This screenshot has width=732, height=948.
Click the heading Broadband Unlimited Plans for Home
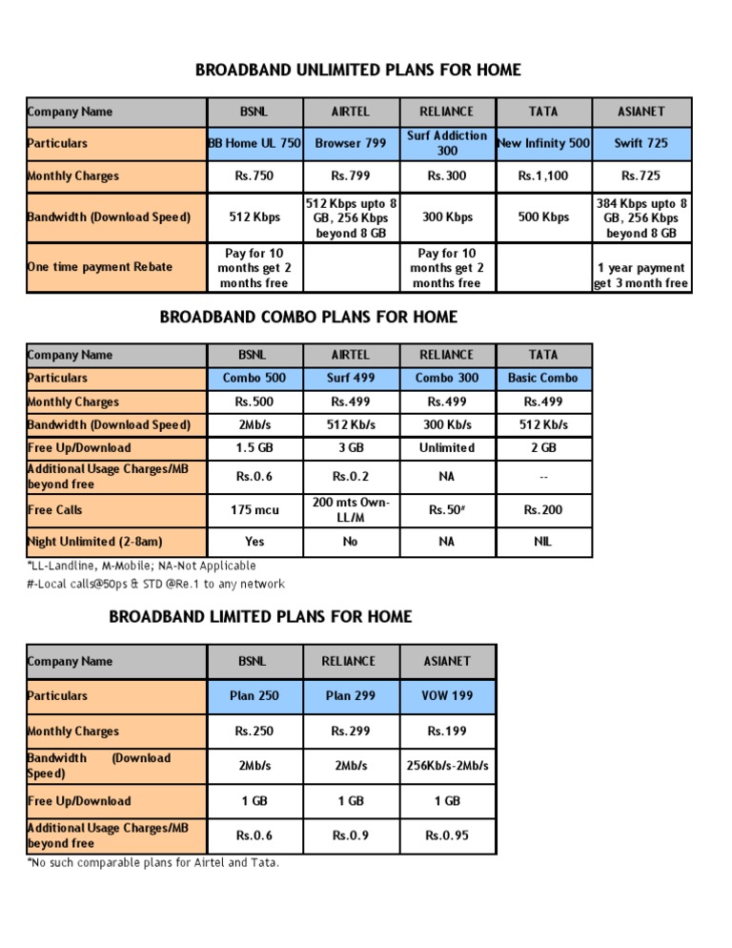pyautogui.click(x=358, y=71)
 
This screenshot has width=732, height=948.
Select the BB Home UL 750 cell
pyautogui.click(x=255, y=143)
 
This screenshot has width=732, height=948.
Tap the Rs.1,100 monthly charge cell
pyautogui.click(x=543, y=175)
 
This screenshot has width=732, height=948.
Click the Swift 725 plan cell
pyautogui.click(x=640, y=143)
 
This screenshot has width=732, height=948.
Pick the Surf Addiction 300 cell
pyautogui.click(x=447, y=143)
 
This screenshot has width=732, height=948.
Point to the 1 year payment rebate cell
pyautogui.click(x=640, y=276)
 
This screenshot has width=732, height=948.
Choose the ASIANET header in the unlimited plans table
pyautogui.click(x=640, y=112)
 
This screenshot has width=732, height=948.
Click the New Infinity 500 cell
pyautogui.click(x=543, y=143)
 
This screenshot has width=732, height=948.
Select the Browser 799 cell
pyautogui.click(x=351, y=143)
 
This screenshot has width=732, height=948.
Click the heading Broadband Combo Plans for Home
pyautogui.click(x=307, y=317)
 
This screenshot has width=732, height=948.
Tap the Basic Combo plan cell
pyautogui.click(x=543, y=379)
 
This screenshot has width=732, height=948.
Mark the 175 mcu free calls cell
pyautogui.click(x=254, y=510)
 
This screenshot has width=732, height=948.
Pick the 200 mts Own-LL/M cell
pyautogui.click(x=351, y=509)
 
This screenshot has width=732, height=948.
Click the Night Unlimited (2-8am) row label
pyautogui.click(x=95, y=542)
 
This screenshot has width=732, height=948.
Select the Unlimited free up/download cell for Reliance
pyautogui.click(x=447, y=447)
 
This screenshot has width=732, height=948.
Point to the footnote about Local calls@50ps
pyautogui.click(x=156, y=584)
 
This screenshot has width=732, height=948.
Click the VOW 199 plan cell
pyautogui.click(x=447, y=695)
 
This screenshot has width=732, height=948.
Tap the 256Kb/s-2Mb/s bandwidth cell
pyautogui.click(x=447, y=765)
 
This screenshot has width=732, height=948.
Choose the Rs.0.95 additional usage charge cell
pyautogui.click(x=447, y=835)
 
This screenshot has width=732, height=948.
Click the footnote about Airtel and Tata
pyautogui.click(x=153, y=863)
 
